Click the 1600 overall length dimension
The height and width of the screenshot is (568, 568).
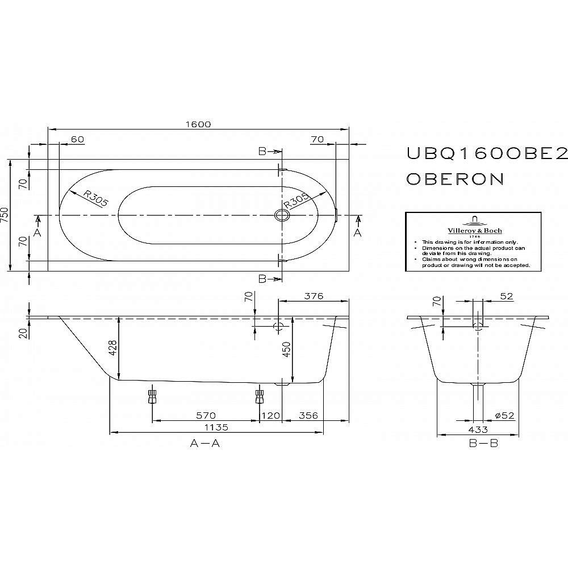pyautogui.click(x=198, y=124)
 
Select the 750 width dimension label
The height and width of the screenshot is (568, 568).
pyautogui.click(x=5, y=215)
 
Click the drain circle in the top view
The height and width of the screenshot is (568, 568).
pyautogui.click(x=281, y=215)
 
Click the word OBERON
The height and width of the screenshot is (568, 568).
pyautogui.click(x=455, y=179)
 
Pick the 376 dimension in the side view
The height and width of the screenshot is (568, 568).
pyautogui.click(x=313, y=296)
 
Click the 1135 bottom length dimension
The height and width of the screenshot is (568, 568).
pyautogui.click(x=216, y=427)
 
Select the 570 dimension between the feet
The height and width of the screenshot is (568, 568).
pyautogui.click(x=205, y=416)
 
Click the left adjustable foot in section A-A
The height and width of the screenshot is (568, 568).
pyautogui.click(x=152, y=395)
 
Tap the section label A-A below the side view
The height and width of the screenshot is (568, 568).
pyautogui.click(x=205, y=443)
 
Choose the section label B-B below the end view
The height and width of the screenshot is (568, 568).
pyautogui.click(x=483, y=443)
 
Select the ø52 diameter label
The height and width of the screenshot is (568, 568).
pyautogui.click(x=504, y=416)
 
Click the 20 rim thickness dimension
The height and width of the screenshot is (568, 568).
pyautogui.click(x=23, y=332)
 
